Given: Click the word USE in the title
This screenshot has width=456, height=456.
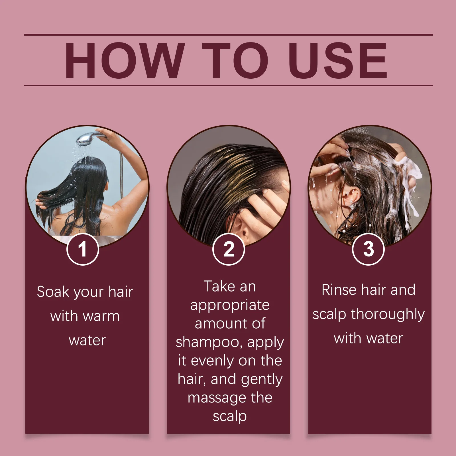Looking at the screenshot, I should (338, 60).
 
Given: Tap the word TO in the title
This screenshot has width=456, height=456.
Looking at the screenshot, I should (235, 60).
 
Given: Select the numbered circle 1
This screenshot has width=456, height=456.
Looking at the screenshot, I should (83, 249).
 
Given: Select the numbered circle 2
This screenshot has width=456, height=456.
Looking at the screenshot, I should (229, 249).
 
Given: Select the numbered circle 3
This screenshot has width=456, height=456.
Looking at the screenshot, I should (368, 249).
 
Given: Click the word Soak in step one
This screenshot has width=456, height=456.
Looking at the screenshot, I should (53, 292).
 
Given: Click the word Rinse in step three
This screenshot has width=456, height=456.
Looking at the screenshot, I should (339, 290).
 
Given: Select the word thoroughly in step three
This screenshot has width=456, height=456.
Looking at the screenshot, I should (388, 315).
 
